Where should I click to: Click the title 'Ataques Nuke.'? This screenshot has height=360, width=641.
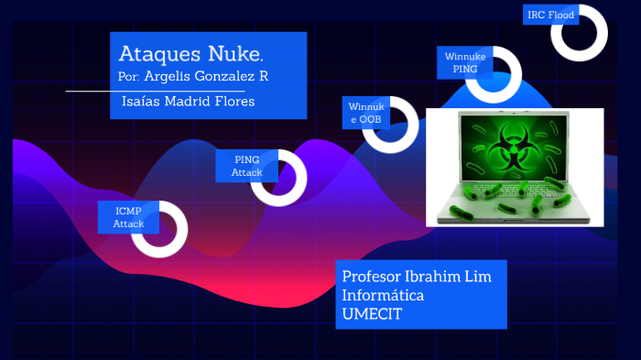(x=191, y=52)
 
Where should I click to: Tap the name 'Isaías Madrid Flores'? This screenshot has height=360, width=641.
(x=188, y=101)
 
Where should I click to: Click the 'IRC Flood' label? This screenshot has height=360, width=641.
(x=550, y=16)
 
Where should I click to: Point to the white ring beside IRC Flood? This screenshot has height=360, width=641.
(x=580, y=32)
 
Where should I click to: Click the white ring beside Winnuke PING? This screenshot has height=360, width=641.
(x=494, y=74)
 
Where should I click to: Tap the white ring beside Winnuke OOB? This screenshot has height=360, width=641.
(x=390, y=124)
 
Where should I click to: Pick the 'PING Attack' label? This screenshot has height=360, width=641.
(x=246, y=166)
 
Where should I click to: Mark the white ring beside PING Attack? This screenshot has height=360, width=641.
(x=278, y=177)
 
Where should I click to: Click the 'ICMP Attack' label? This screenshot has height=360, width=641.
(x=128, y=217)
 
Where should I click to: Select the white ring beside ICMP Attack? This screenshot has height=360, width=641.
(x=159, y=229)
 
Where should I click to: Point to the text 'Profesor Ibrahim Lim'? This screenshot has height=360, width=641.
(x=410, y=277)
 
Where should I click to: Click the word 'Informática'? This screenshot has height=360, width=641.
(x=382, y=296)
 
